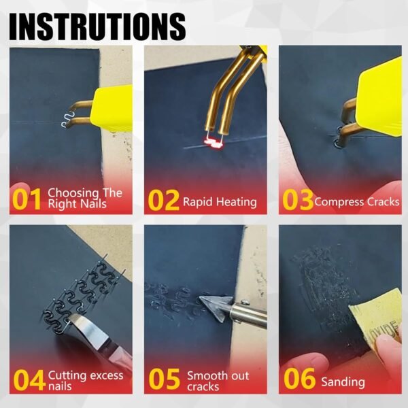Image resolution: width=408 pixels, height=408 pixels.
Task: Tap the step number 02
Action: pos(163,200)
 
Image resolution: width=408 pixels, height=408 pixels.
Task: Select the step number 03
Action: pos(296,200)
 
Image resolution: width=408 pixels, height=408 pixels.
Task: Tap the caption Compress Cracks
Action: pos(357,201)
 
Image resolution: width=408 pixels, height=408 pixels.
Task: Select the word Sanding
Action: pos(343,382)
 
